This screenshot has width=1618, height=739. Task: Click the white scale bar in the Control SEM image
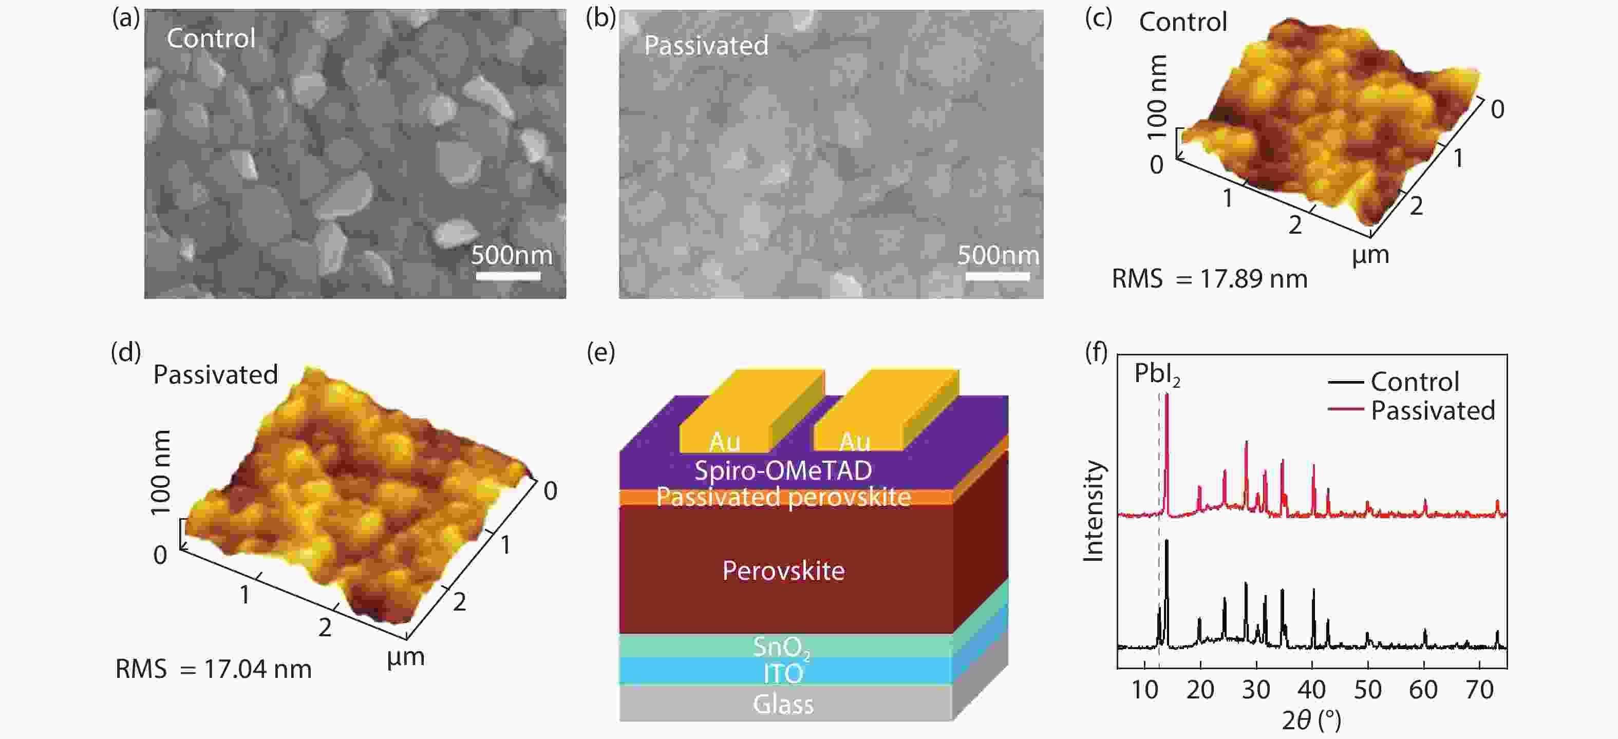(507, 276)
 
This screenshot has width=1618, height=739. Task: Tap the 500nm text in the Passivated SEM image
(998, 255)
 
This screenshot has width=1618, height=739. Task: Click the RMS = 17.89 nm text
(1209, 279)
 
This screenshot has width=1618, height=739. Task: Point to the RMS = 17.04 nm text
(214, 669)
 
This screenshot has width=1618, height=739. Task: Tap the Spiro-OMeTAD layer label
(783, 470)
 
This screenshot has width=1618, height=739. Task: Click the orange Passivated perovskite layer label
(783, 497)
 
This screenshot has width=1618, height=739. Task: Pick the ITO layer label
(783, 674)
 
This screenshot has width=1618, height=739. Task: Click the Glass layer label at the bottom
(783, 705)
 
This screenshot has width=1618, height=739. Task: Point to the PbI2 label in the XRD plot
(1156, 375)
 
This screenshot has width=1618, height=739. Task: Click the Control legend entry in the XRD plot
(1413, 382)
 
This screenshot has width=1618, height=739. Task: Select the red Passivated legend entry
(1432, 411)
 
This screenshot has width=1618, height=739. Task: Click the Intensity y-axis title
(1094, 510)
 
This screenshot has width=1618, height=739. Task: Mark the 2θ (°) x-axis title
(1311, 720)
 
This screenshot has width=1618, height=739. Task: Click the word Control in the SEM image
(211, 39)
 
